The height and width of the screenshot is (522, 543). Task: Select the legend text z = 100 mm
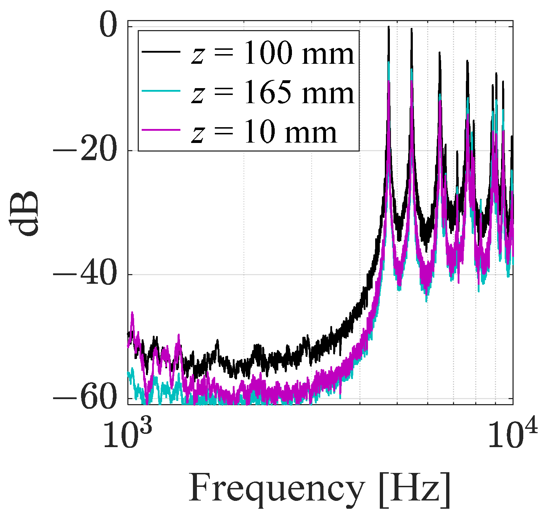[273, 54]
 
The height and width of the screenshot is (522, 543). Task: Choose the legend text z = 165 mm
[273, 94]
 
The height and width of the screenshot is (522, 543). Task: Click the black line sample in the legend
[161, 52]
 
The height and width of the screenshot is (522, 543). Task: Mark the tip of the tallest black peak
[388, 27]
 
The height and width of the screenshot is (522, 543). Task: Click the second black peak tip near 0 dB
[411, 29]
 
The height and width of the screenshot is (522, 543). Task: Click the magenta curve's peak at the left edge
[132, 313]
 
